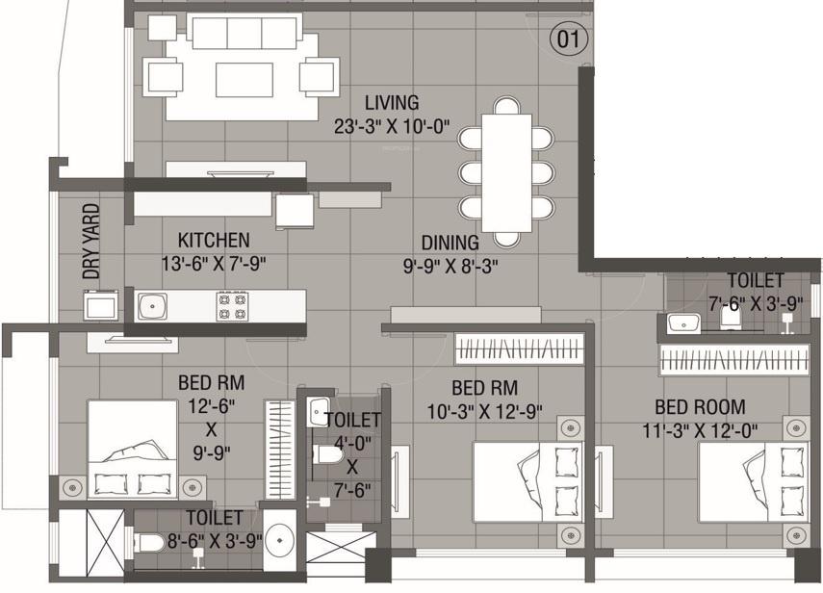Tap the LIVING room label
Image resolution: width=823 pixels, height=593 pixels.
coord(392,102)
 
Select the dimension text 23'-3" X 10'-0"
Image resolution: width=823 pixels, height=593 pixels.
coord(392,126)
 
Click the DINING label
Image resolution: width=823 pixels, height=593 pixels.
coord(450,243)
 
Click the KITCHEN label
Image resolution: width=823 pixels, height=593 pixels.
coord(214,240)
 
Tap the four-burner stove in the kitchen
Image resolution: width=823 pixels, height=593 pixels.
coord(230,306)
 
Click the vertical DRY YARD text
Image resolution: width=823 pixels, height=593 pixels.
coord(91,241)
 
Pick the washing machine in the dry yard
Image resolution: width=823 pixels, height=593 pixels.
coord(100,305)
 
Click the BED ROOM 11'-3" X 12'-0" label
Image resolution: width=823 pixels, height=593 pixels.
coord(700,417)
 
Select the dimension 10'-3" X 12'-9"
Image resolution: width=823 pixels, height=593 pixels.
coord(484,411)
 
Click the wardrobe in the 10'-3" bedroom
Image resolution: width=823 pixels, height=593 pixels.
coord(520,347)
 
